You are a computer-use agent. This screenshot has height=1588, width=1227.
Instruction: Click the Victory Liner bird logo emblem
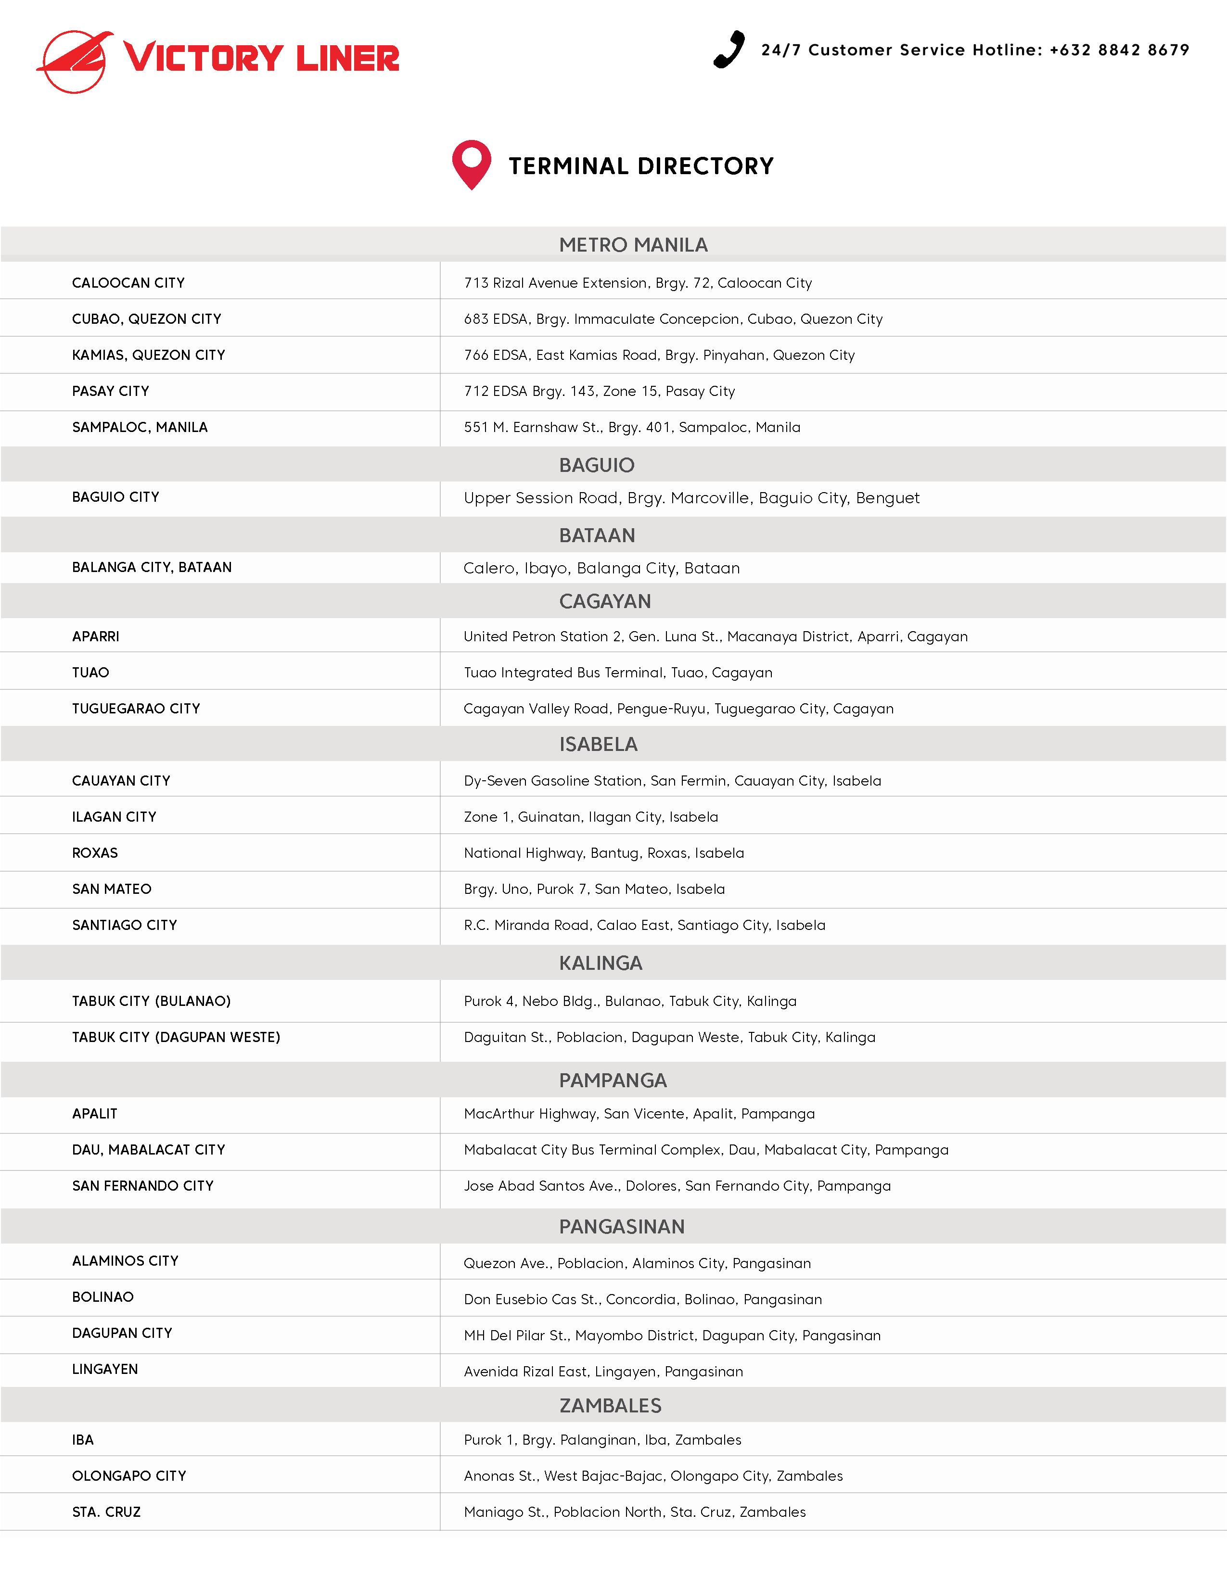tap(76, 61)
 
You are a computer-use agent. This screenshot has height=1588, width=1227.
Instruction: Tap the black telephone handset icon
tap(729, 50)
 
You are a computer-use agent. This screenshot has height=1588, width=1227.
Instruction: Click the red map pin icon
tap(471, 165)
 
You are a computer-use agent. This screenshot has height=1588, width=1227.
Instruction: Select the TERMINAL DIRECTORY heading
tap(641, 166)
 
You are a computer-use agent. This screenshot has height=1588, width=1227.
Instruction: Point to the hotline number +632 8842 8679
tap(1119, 50)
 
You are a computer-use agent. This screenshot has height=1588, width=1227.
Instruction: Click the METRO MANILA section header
tap(633, 245)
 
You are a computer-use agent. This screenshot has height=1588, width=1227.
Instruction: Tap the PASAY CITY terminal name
tap(111, 391)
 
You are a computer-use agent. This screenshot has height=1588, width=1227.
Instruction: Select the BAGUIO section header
tap(596, 465)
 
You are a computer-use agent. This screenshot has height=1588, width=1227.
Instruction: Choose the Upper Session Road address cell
tap(691, 498)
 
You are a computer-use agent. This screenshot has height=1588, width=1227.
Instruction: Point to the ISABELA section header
tap(598, 745)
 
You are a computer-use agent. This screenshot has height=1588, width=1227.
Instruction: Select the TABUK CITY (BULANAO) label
tap(151, 1001)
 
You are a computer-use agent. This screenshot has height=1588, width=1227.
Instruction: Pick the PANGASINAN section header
tap(622, 1227)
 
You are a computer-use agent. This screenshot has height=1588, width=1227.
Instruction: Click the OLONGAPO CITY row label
tap(129, 1476)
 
